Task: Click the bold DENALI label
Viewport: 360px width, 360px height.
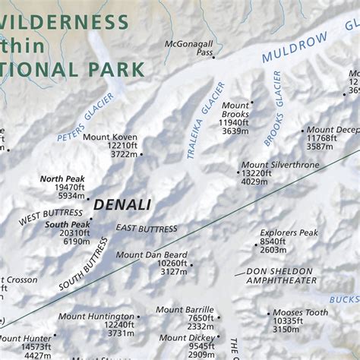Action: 122,204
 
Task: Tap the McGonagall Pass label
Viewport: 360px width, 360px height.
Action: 189,49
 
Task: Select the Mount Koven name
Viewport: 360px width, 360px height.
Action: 110,137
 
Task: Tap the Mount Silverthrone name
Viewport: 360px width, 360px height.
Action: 275,164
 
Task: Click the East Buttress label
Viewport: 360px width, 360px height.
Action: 147,228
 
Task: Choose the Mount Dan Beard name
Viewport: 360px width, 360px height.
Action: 152,254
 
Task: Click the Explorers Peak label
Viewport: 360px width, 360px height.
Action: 289,232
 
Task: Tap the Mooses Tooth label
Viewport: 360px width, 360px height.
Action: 300,312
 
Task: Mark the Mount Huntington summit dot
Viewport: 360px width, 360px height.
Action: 138,317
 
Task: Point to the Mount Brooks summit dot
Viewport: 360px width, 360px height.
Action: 252,103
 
